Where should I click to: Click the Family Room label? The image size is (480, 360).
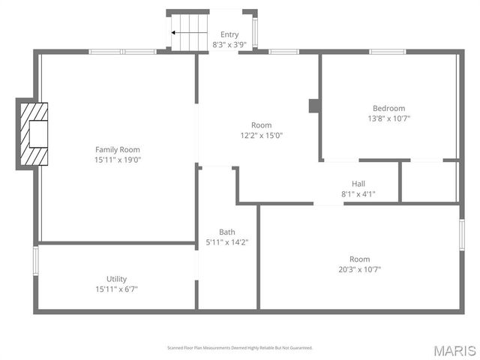[x=117, y=149]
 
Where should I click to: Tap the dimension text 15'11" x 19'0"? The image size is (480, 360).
[x=117, y=160]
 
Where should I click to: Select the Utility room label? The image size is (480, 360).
[x=116, y=278]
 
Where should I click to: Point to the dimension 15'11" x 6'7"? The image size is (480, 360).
[x=116, y=289]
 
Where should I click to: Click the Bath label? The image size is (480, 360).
[x=227, y=232]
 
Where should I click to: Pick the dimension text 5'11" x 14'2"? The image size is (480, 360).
[x=227, y=242]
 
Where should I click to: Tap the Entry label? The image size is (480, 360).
[x=229, y=35]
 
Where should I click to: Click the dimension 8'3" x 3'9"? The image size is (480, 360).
[x=229, y=45]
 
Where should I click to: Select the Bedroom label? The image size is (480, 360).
[x=388, y=108]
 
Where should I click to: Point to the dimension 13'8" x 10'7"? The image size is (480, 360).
[x=388, y=118]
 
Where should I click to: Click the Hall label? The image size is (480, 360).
[x=358, y=184]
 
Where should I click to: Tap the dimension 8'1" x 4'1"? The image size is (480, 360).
[x=358, y=194]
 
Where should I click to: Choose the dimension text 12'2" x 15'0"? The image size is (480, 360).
[x=261, y=136]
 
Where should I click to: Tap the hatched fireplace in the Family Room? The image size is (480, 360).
[x=34, y=133]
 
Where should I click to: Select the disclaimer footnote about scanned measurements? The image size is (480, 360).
[x=239, y=348]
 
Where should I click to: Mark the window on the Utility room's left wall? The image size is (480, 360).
[x=35, y=260]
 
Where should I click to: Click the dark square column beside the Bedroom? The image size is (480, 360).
[x=313, y=106]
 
